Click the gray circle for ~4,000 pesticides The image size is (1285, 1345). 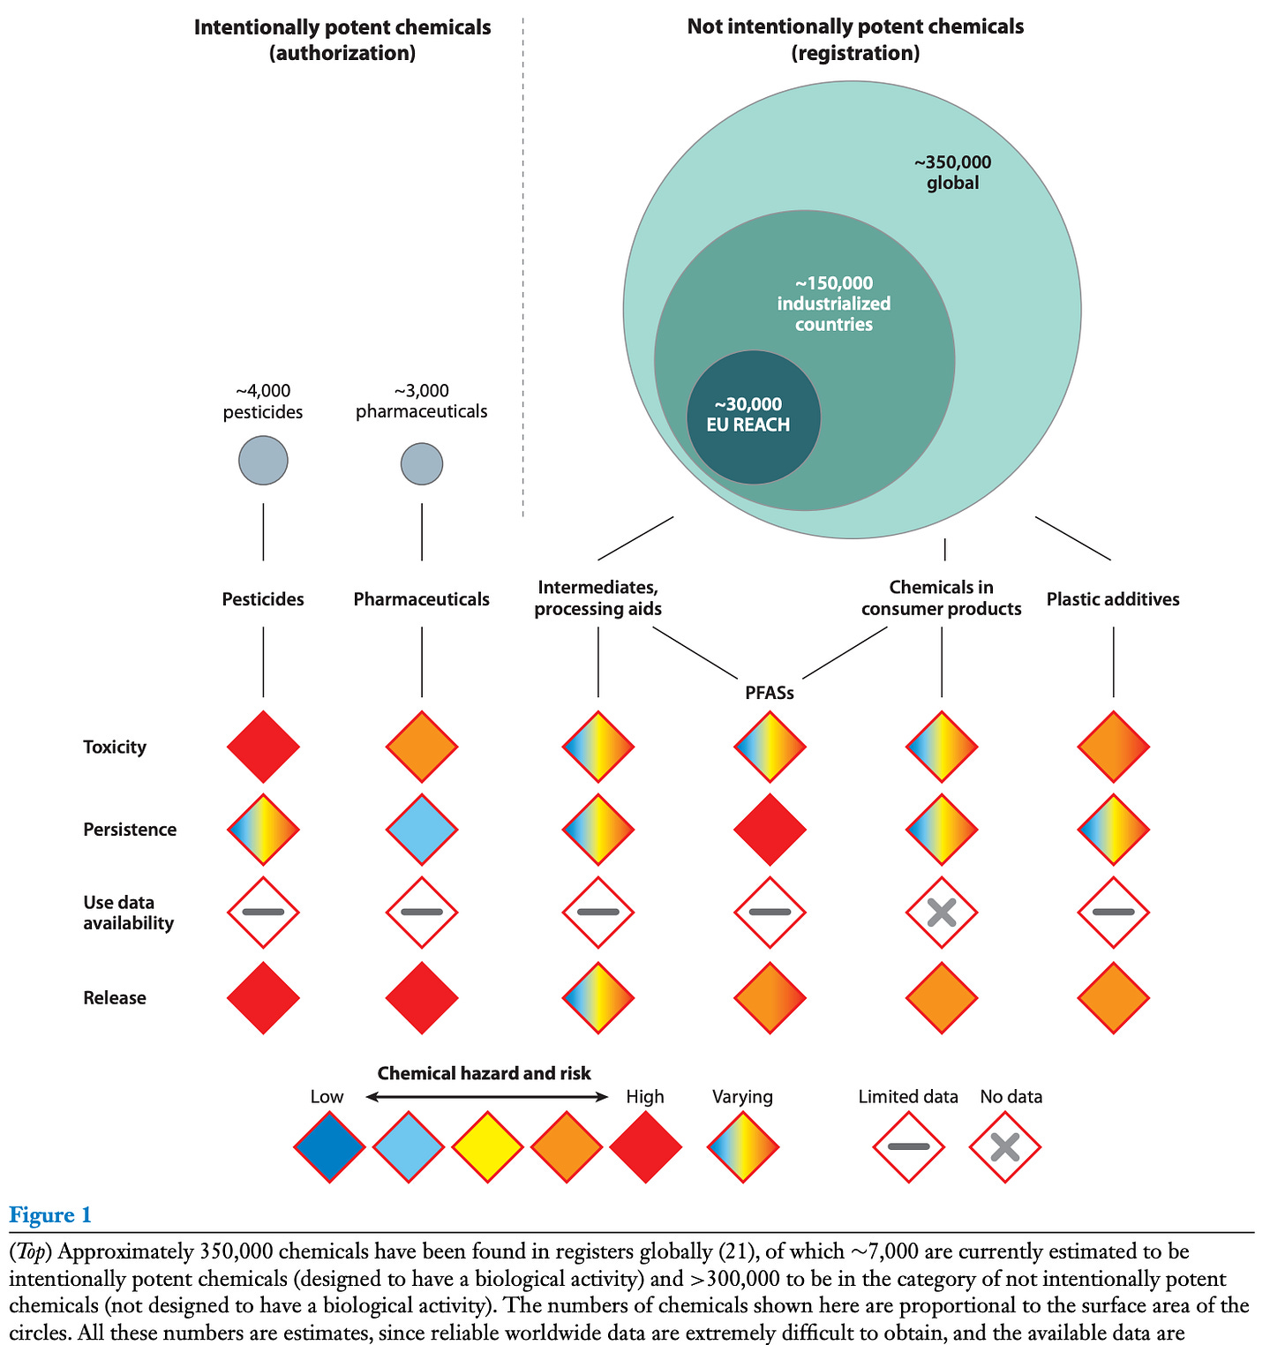point(263,461)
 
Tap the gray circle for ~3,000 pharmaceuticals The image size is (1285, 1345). point(422,464)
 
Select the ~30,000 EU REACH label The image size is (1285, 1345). point(748,415)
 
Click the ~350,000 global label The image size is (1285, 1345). point(952,173)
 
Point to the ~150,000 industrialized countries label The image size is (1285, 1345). point(834,304)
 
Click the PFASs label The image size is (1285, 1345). point(770,694)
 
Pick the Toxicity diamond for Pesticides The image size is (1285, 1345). point(263,747)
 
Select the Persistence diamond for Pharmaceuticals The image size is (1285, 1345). point(422,830)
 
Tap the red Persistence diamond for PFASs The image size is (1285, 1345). point(770,830)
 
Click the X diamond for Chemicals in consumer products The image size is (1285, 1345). point(942,913)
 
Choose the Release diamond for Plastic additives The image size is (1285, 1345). point(1113,998)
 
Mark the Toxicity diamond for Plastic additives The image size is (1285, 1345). point(1113,747)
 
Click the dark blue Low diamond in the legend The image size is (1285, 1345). point(329,1147)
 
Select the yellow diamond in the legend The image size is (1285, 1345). point(487,1147)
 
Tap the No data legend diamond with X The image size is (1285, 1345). point(1005,1147)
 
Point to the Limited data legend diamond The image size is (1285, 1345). point(908,1147)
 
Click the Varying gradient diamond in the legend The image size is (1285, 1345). point(743,1147)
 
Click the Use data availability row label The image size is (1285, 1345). point(129,913)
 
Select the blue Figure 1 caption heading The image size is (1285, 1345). point(50,1215)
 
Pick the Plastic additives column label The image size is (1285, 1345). point(1113,599)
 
